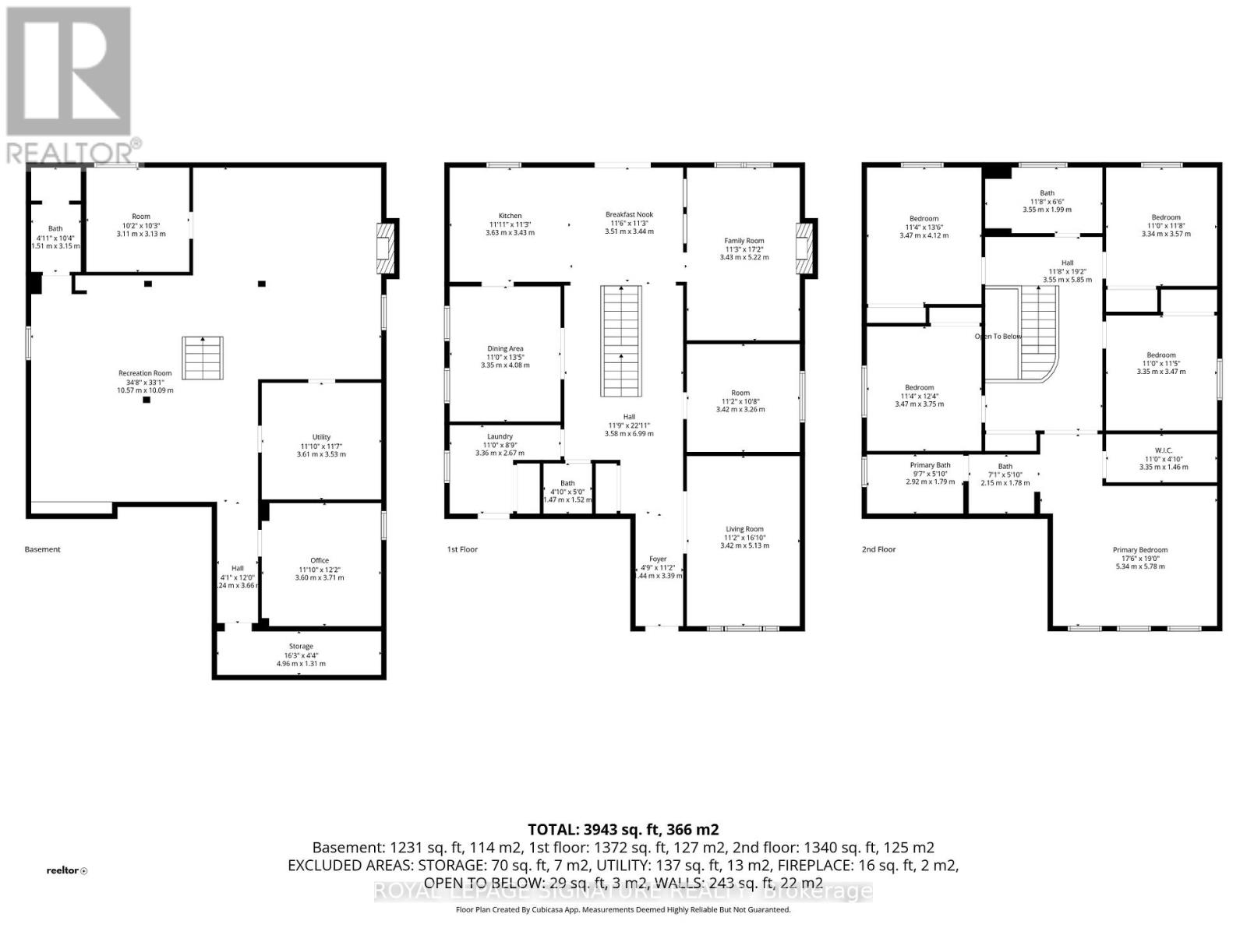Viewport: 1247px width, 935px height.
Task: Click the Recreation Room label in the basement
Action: coord(145,373)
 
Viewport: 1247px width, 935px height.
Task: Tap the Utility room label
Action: coord(321,437)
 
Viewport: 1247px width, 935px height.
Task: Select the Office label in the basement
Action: coord(320,560)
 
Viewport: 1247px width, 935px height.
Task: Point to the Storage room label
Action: coord(301,647)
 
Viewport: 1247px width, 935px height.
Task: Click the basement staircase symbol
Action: coord(203,358)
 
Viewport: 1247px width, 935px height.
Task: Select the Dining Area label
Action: coord(505,349)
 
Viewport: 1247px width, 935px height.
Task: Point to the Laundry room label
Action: coord(500,436)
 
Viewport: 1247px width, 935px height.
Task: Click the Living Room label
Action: coord(744,529)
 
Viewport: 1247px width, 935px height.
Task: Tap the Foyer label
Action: coord(659,559)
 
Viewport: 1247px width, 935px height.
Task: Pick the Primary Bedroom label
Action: coord(1140,550)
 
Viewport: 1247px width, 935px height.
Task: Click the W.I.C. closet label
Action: coord(1164,450)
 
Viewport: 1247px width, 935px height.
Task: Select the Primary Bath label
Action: coord(930,465)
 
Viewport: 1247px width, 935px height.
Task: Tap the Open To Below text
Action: coord(998,337)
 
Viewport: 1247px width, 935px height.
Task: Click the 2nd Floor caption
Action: coord(878,549)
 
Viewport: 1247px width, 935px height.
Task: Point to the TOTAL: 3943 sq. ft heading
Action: coord(623,830)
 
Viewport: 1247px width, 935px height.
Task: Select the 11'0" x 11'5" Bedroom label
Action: coord(1161,355)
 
